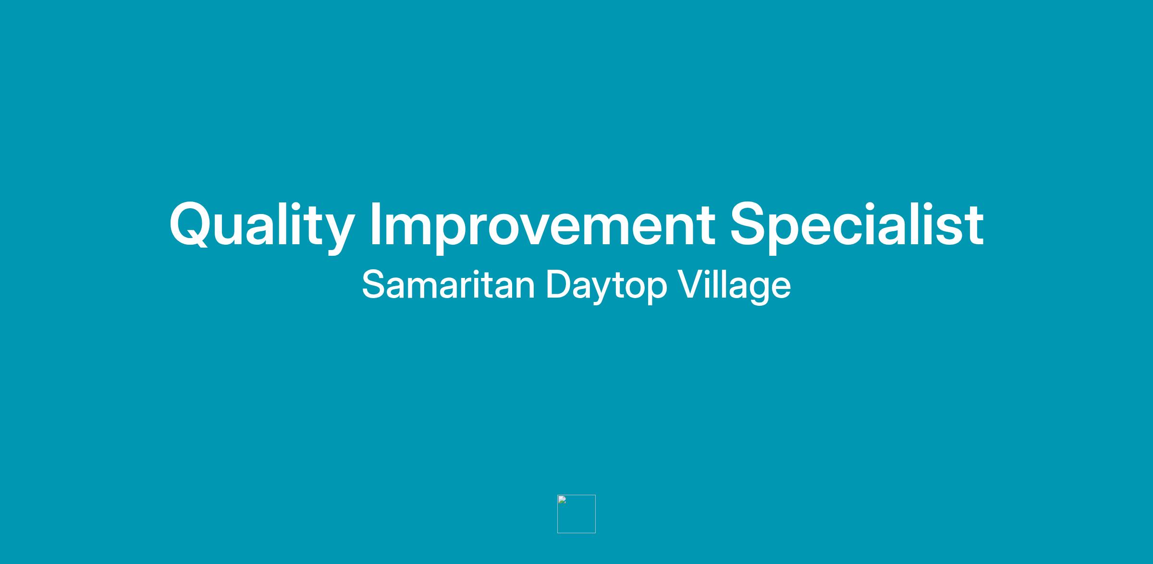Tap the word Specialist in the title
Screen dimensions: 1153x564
point(857,225)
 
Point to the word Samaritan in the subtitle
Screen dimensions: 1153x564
point(448,285)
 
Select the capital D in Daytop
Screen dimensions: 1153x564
point(560,285)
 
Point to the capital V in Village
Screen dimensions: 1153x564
point(691,285)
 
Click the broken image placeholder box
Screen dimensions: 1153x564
point(576,514)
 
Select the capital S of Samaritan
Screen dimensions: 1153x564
point(374,285)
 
